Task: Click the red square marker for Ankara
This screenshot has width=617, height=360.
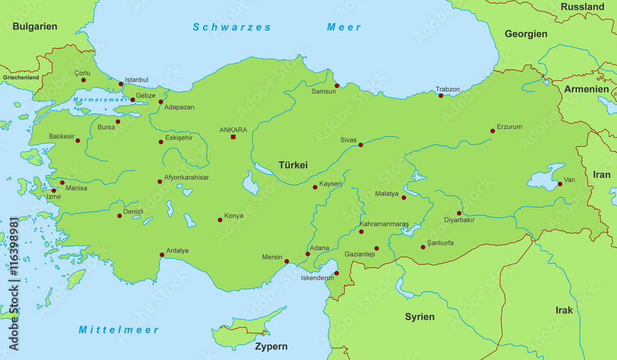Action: pos(233,136)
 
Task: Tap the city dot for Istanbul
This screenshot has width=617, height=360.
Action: pos(121,84)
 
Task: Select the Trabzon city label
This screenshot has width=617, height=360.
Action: pos(447,89)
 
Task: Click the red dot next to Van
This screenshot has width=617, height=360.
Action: pos(560,183)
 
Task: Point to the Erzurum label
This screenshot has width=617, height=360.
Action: pos(510,127)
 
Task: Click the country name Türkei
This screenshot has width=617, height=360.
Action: pos(293,165)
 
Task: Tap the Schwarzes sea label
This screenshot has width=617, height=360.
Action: pos(232,27)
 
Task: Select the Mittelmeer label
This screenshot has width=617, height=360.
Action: pos(118,330)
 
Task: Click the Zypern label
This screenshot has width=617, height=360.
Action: pos(271,346)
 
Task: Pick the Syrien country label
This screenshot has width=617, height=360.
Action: pos(420,317)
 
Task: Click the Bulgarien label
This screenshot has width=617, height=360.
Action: pos(35,26)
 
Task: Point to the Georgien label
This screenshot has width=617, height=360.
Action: pos(526,34)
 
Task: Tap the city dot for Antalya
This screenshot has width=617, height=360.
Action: pos(162,254)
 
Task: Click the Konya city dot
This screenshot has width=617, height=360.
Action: pos(220,219)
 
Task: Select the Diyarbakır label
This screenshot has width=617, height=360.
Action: pos(459,220)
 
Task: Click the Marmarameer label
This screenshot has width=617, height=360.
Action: pos(95,99)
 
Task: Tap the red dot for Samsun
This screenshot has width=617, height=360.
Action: pos(337,86)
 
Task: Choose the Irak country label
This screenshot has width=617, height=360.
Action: pos(564,310)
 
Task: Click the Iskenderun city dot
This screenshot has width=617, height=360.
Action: pos(337,273)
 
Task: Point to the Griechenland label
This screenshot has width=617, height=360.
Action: pos(21,78)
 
